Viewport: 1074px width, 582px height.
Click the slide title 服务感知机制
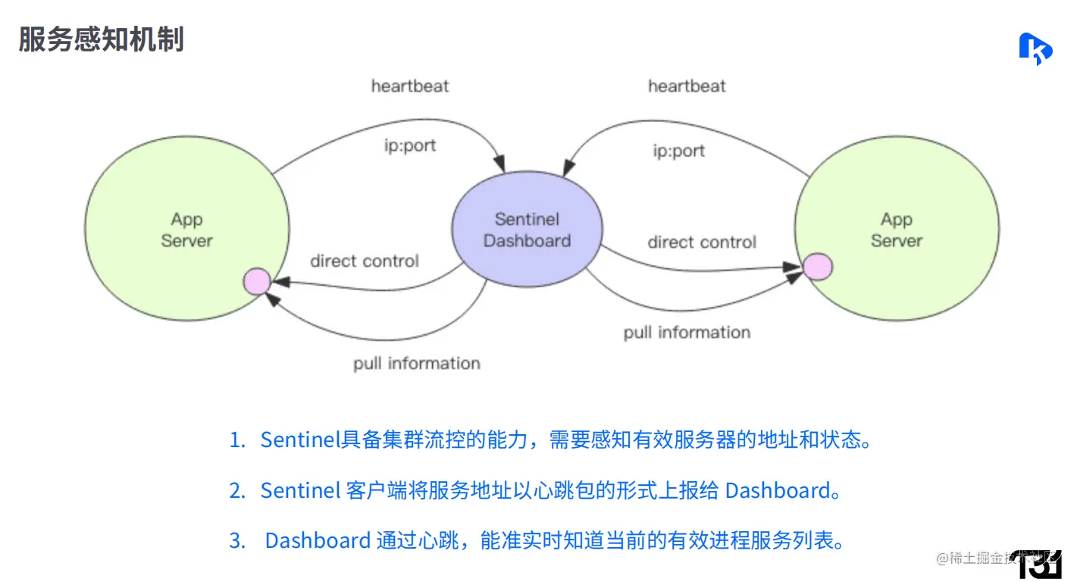(x=101, y=39)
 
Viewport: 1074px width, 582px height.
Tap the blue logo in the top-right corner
(x=1035, y=48)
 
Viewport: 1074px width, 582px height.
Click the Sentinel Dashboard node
(x=527, y=230)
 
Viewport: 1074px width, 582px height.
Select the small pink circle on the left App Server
(x=256, y=281)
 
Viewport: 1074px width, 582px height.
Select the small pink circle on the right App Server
(x=817, y=266)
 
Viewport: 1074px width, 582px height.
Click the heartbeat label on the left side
(x=409, y=86)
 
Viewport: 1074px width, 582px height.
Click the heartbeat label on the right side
(x=686, y=86)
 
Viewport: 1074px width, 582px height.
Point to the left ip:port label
(x=409, y=145)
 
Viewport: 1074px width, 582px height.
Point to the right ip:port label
(x=678, y=151)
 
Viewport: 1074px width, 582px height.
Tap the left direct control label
(x=364, y=261)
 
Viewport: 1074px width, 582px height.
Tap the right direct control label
(x=701, y=242)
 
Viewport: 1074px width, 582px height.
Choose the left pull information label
(x=416, y=364)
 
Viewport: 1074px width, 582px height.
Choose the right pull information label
(x=687, y=333)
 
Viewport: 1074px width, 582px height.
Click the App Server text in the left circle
(x=186, y=230)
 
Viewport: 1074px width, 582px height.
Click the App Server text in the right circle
(x=896, y=230)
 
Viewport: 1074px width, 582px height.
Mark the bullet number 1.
(x=237, y=440)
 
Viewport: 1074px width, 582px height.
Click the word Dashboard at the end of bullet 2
(x=778, y=490)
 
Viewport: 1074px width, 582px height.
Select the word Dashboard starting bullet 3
(x=317, y=540)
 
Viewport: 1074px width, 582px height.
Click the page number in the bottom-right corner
(x=1041, y=564)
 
